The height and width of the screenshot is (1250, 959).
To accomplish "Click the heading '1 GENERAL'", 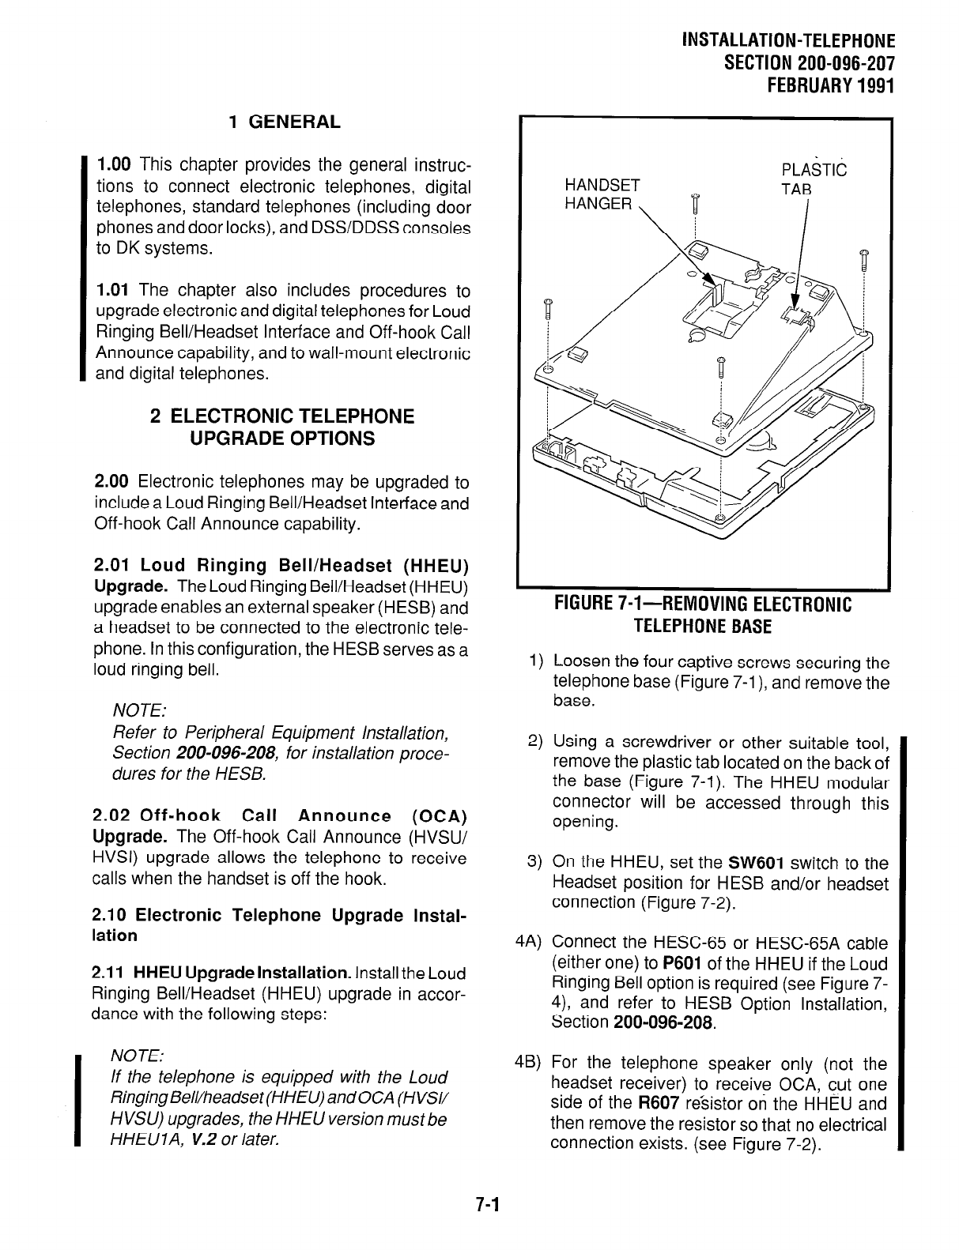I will point(284,122).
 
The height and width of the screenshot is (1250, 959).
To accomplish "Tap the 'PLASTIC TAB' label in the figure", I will point(813,179).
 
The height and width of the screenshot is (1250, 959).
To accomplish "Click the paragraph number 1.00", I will point(113,166).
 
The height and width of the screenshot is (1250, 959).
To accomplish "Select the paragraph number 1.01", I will point(113,292).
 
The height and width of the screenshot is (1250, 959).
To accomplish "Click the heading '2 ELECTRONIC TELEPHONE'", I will point(282,416).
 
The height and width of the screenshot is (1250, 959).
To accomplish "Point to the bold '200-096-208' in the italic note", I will point(215,754).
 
